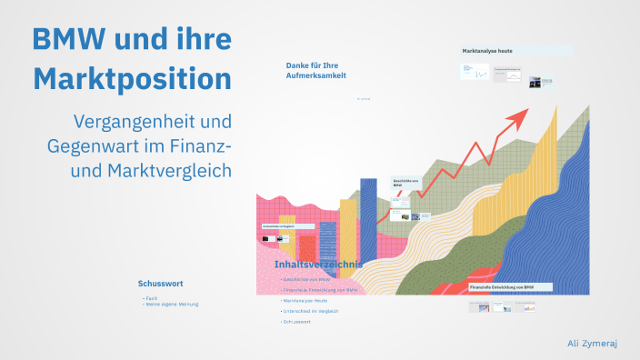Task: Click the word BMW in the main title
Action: point(70,39)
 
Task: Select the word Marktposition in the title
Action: point(133,78)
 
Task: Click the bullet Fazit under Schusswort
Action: point(151,297)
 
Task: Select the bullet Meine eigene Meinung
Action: point(172,304)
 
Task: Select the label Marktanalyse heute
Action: point(487,51)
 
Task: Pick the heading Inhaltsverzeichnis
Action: point(318,265)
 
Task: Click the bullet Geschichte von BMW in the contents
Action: point(305,279)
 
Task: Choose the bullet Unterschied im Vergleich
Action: point(311,311)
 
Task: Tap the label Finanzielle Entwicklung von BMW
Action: point(502,287)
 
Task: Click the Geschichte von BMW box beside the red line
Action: point(403,184)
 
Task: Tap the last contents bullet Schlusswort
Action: point(298,322)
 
